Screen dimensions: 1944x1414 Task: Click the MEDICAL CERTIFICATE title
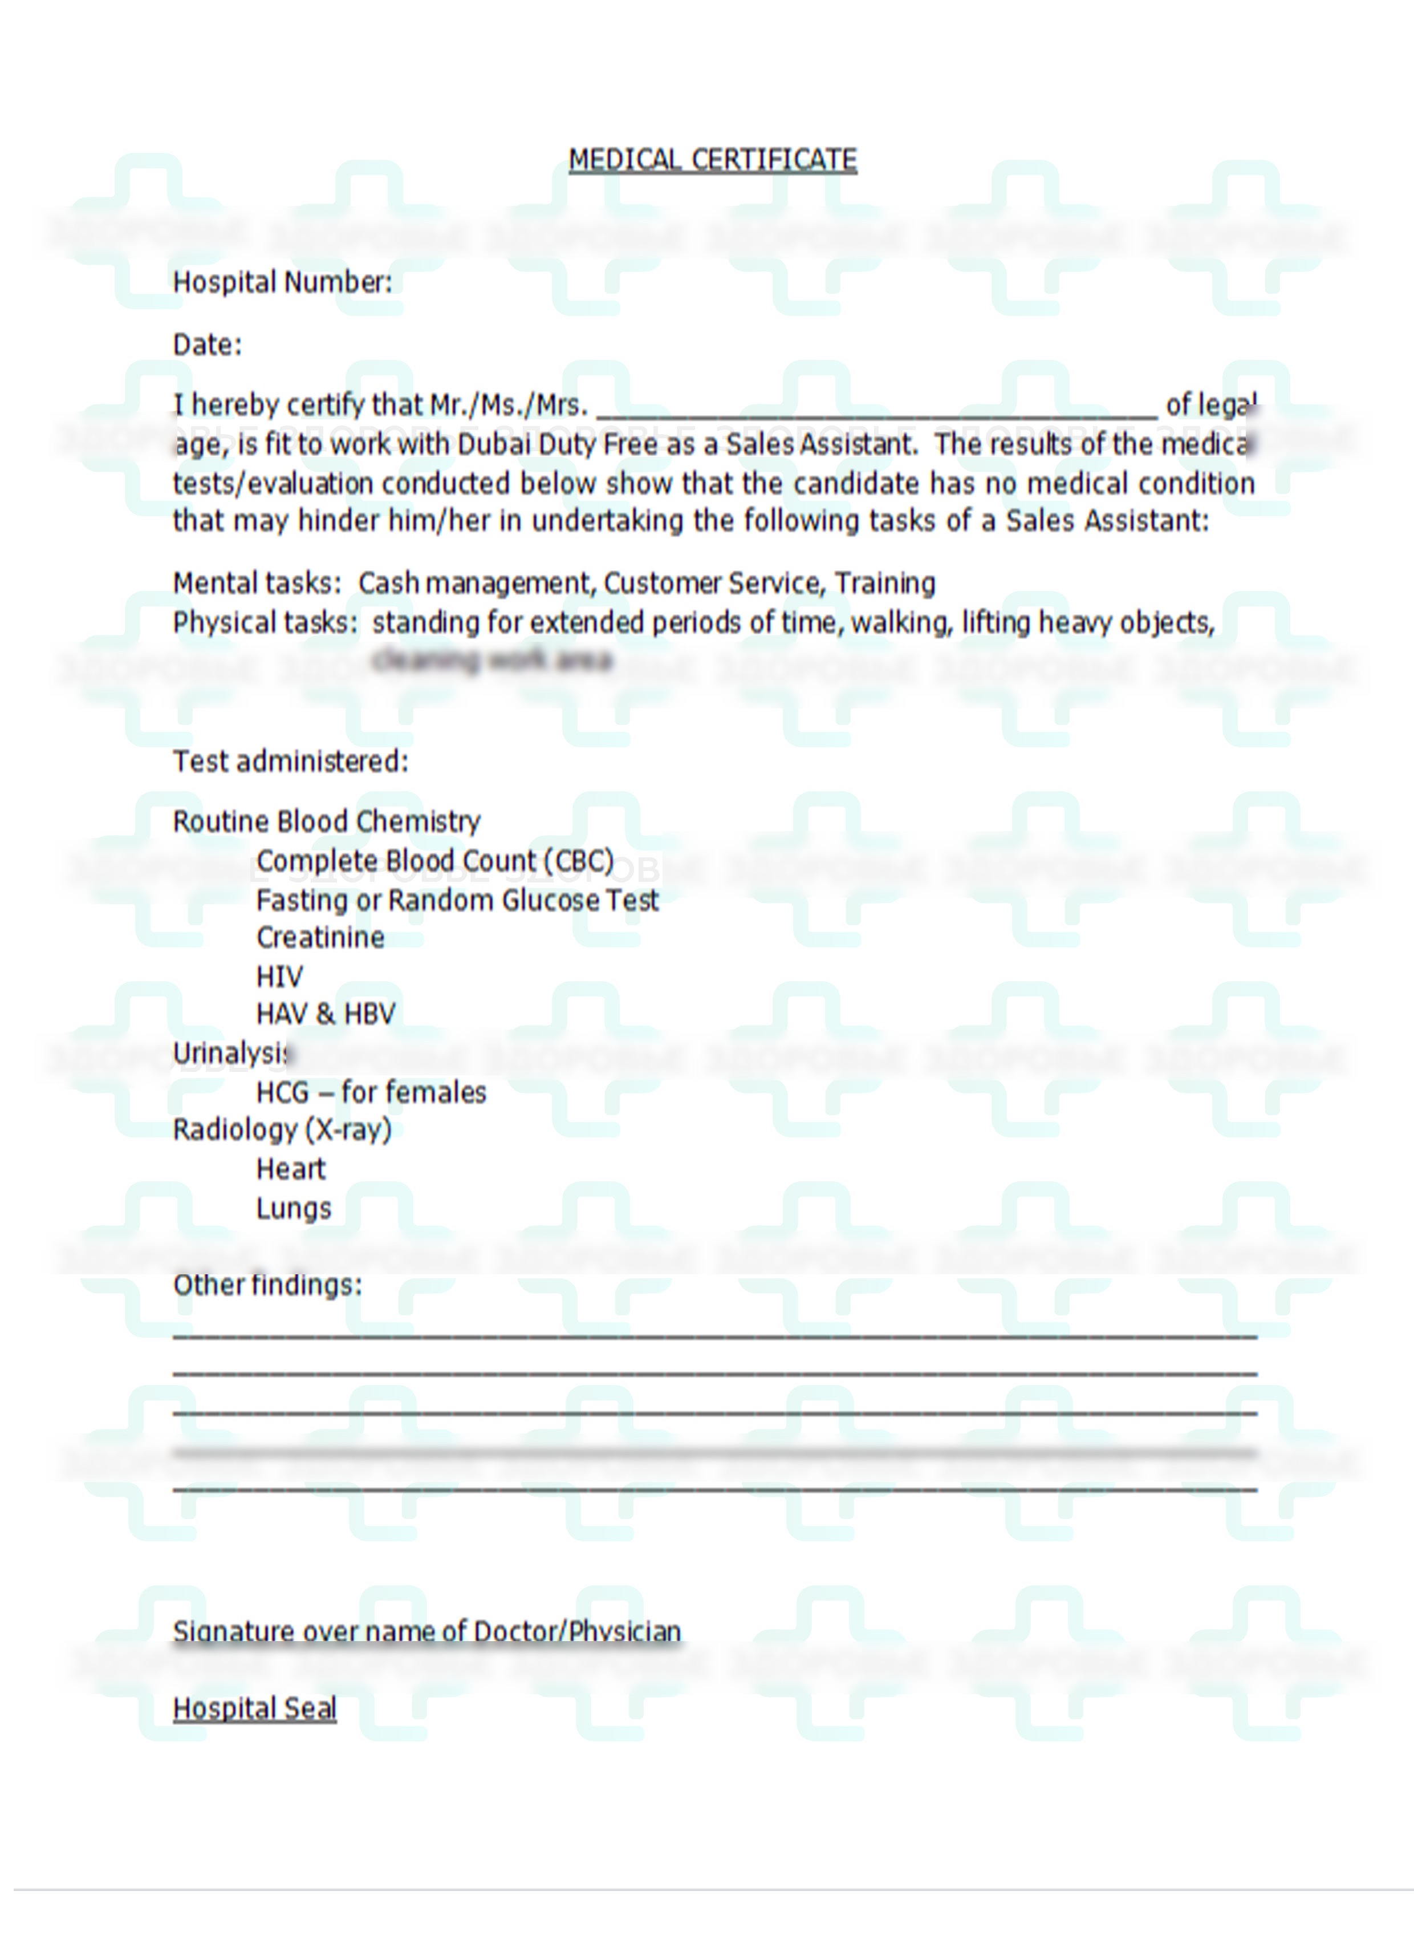pos(712,160)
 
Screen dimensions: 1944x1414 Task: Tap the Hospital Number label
pos(282,282)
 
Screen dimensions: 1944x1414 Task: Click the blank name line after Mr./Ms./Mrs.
pos(876,406)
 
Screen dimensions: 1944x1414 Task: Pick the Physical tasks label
pos(265,622)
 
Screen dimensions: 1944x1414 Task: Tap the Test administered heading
pos(291,761)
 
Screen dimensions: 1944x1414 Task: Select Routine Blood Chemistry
pos(327,821)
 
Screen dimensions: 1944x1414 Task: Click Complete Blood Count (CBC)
pos(434,861)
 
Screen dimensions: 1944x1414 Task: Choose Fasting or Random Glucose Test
pos(457,900)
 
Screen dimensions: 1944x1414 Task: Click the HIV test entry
pos(279,977)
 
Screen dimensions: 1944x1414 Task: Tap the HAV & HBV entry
pos(326,1014)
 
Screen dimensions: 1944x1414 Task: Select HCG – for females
pos(370,1092)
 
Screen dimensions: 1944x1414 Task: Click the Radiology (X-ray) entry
pos(282,1129)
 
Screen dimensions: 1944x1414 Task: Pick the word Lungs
pos(293,1209)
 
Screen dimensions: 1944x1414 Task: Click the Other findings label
pos(267,1285)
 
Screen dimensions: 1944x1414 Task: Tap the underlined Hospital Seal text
pos(254,1708)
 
